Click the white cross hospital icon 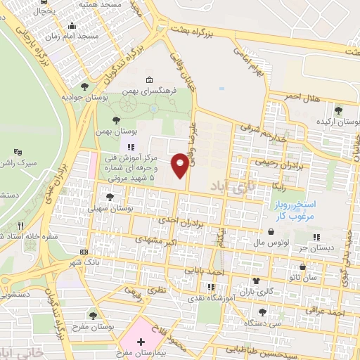tap(141, 340)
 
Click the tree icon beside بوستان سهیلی tap(109, 198)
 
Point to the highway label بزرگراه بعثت tap(224, 32)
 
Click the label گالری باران tap(255, 290)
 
